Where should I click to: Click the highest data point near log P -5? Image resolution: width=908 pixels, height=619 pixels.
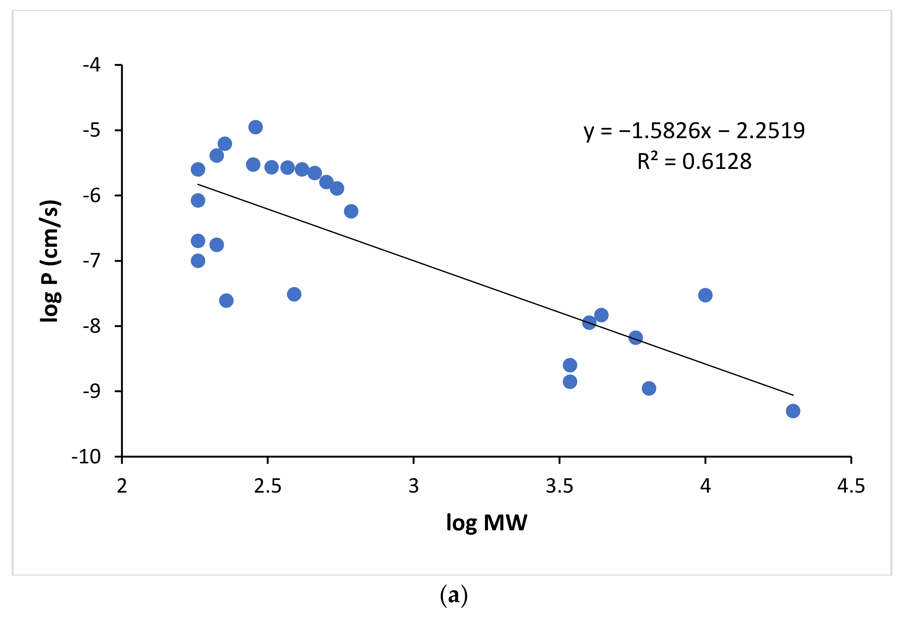(x=255, y=127)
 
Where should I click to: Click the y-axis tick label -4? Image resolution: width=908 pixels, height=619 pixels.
(x=92, y=65)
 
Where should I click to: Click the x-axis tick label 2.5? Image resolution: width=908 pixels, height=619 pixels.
(x=268, y=486)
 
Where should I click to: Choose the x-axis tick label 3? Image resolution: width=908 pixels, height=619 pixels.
(x=413, y=486)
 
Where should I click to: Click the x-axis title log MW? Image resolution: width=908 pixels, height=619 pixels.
(x=487, y=523)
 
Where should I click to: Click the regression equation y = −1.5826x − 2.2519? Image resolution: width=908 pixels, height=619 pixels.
(x=694, y=131)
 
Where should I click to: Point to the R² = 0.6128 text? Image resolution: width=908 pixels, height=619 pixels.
(x=694, y=161)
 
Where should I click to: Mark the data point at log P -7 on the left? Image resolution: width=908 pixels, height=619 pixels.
(x=198, y=261)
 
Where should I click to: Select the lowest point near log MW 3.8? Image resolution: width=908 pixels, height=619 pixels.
(x=648, y=388)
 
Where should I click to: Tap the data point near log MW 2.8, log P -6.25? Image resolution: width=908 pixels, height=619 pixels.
(x=351, y=211)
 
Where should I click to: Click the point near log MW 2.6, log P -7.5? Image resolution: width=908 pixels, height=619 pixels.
(x=294, y=294)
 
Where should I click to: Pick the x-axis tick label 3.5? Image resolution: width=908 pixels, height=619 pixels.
(x=559, y=486)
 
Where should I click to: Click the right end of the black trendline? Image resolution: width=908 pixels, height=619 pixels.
(x=793, y=395)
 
